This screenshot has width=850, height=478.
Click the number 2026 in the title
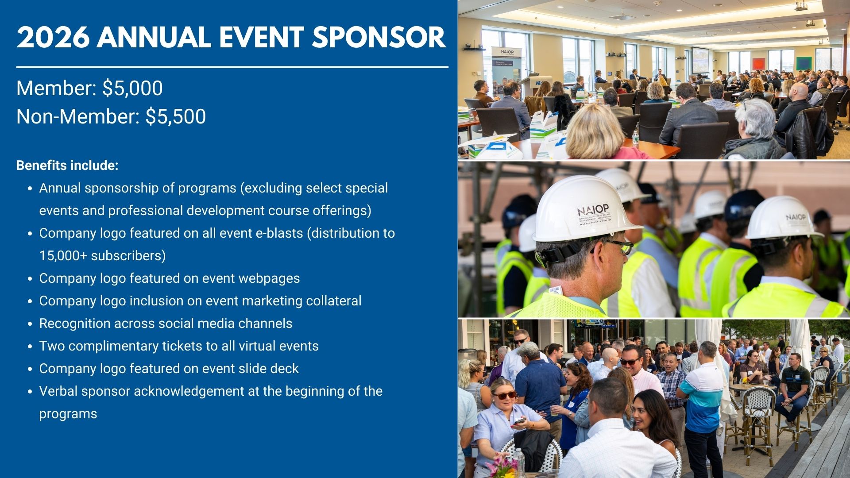tap(53, 37)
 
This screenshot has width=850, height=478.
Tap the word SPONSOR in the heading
tap(379, 37)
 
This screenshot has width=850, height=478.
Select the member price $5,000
tap(132, 89)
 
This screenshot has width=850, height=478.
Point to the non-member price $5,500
tap(176, 117)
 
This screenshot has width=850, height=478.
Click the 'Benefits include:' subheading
tap(67, 166)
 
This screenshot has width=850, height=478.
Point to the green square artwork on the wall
tap(804, 63)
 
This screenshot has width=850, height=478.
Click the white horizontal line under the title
tap(232, 67)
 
